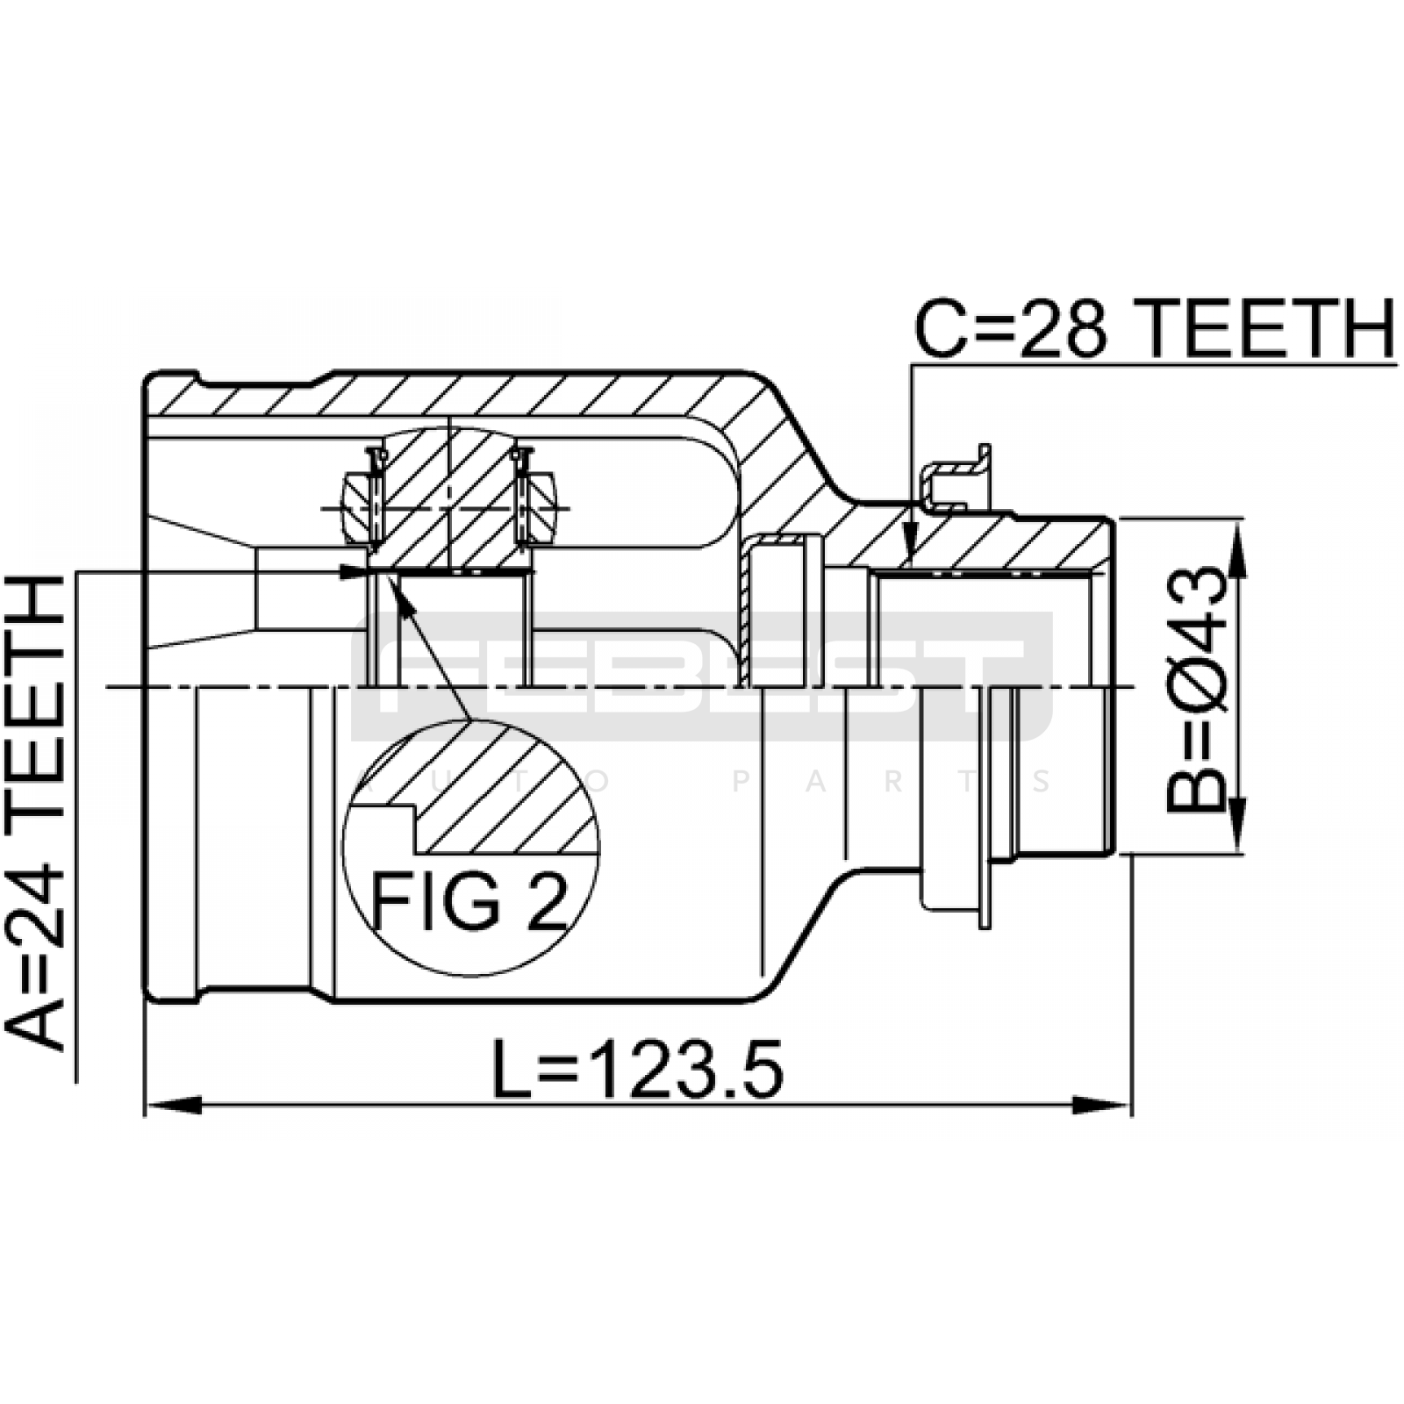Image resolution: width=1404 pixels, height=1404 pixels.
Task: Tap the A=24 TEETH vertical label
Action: [x=35, y=812]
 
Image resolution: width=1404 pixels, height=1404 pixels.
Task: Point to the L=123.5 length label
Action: [x=637, y=1069]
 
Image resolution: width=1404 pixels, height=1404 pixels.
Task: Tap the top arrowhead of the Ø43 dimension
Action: [x=1236, y=548]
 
